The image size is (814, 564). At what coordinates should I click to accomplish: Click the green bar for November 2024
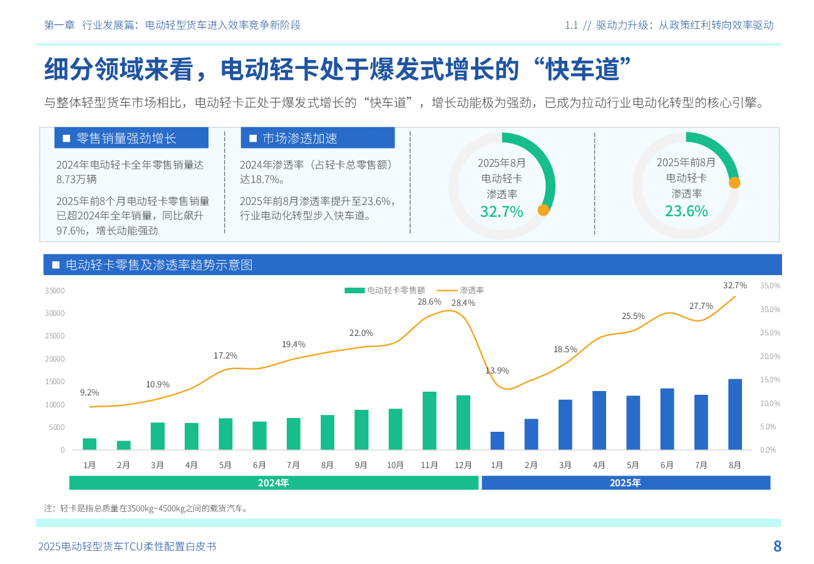[x=430, y=420]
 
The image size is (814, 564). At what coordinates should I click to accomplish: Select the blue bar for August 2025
[x=735, y=414]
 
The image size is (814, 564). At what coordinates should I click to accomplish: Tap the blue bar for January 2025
[x=497, y=441]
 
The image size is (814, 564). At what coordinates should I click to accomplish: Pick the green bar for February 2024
[x=123, y=445]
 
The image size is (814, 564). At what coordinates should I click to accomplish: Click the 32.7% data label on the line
[x=735, y=286]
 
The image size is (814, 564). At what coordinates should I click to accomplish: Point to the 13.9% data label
[x=497, y=370]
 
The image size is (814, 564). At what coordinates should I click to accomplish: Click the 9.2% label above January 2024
[x=90, y=393]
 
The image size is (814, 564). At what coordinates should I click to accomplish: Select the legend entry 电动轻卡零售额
[x=385, y=290]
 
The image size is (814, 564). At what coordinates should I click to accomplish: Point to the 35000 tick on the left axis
[x=55, y=290]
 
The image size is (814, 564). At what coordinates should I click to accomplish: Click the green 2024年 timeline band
[x=274, y=483]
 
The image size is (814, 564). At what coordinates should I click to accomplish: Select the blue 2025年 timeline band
[x=626, y=483]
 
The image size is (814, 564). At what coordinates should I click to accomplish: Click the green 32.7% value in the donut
[x=502, y=212]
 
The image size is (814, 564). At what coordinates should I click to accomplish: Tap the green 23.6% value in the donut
[x=686, y=211]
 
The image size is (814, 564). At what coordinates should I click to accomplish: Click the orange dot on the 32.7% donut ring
[x=544, y=210]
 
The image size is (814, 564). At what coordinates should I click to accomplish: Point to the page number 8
[x=777, y=546]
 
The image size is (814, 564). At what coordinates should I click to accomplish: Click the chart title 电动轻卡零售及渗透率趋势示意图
[x=159, y=265]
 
